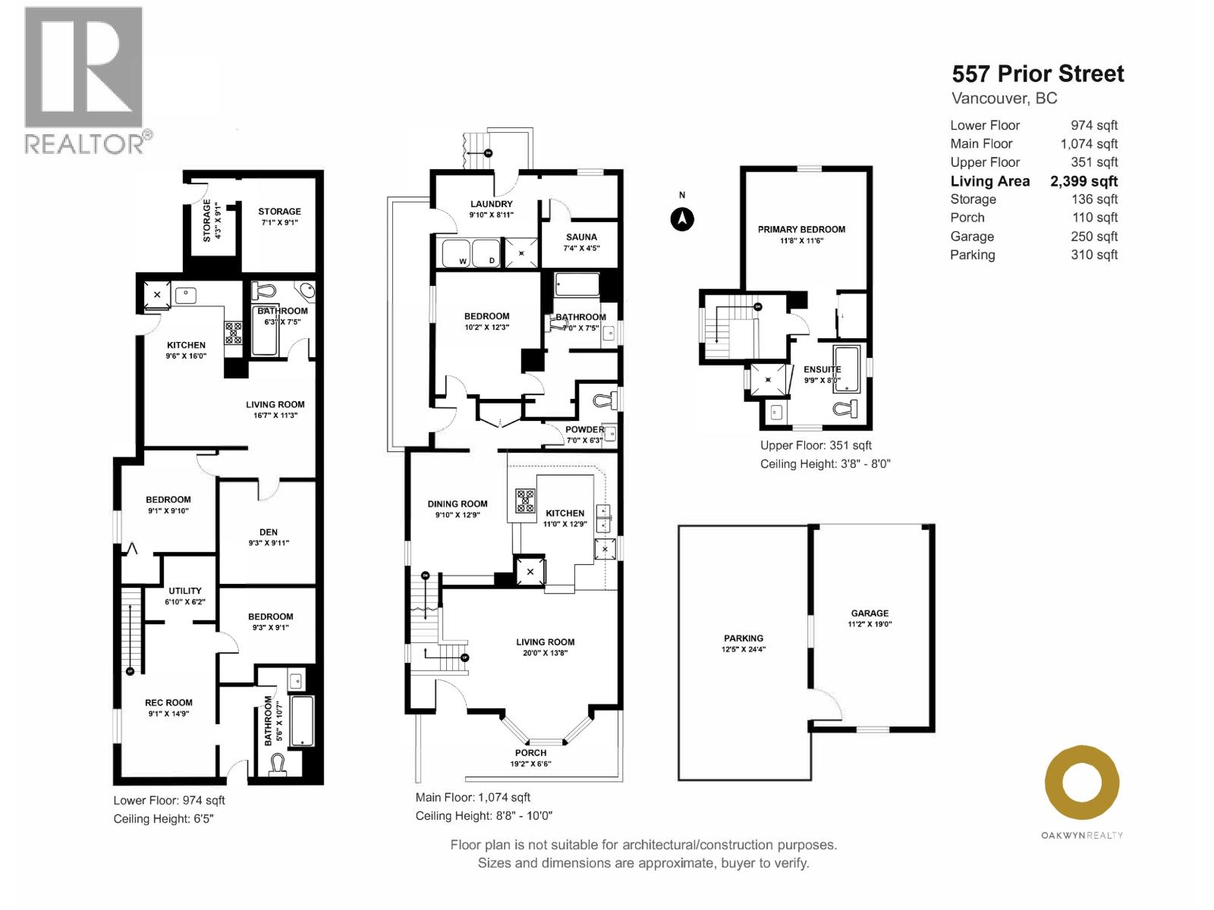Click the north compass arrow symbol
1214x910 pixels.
(x=682, y=219)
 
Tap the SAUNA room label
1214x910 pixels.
(x=581, y=237)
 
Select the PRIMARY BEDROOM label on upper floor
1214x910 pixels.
(x=801, y=230)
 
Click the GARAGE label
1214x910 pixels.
(x=870, y=613)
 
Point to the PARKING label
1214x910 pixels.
(x=743, y=639)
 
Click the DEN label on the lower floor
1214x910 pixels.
(x=269, y=532)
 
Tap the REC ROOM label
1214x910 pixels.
(x=168, y=703)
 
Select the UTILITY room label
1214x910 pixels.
(x=185, y=591)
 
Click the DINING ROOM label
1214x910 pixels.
(x=457, y=504)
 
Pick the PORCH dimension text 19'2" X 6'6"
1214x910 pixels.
(x=530, y=764)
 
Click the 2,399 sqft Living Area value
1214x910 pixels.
(x=1083, y=181)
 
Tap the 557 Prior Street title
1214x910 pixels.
(x=1037, y=74)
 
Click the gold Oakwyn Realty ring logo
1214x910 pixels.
(x=1082, y=783)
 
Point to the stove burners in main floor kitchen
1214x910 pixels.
(x=525, y=500)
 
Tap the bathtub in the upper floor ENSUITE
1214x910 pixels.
(x=846, y=369)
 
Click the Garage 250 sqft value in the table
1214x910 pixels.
(x=1093, y=237)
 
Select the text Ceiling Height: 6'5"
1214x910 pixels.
(x=163, y=819)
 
